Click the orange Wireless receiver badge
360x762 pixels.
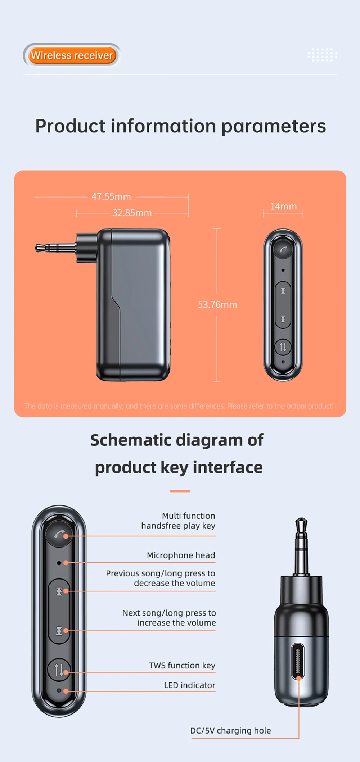click(x=72, y=55)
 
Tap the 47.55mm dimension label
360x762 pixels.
click(x=111, y=197)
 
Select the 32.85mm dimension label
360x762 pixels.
click(x=132, y=213)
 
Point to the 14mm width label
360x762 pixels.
click(x=283, y=206)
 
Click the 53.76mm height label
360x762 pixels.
click(x=217, y=305)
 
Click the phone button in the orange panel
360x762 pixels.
click(x=283, y=248)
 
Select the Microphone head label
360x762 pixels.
click(x=181, y=555)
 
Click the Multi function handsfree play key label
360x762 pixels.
click(x=178, y=521)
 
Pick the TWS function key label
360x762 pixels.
click(x=182, y=665)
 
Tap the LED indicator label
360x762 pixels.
click(x=190, y=685)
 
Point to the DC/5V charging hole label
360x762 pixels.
click(x=230, y=730)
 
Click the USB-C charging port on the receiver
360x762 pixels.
click(x=298, y=661)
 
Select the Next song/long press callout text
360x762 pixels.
click(x=169, y=618)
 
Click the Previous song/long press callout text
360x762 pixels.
click(x=161, y=578)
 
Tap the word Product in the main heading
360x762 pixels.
click(x=71, y=126)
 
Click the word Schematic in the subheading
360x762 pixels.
click(x=132, y=440)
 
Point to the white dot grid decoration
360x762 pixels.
click(x=322, y=55)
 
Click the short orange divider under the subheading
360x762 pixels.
click(x=180, y=491)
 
